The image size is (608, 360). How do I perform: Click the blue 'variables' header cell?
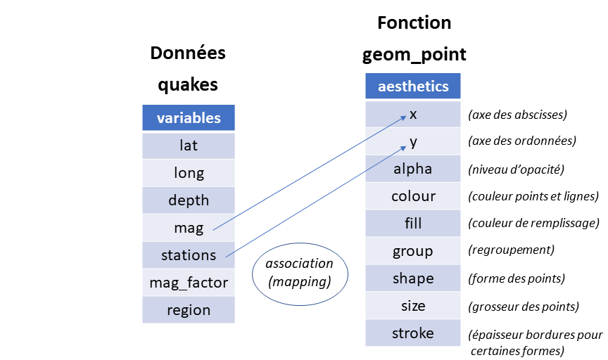pyautogui.click(x=189, y=118)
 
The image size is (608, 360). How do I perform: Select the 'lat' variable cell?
pyautogui.click(x=189, y=146)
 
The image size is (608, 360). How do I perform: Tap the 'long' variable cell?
pyautogui.click(x=189, y=173)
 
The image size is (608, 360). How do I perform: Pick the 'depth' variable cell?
pyautogui.click(x=189, y=200)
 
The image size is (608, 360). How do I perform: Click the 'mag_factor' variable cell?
pyautogui.click(x=189, y=283)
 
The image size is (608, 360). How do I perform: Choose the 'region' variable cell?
pyautogui.click(x=189, y=310)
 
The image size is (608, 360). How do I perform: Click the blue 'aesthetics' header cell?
pyautogui.click(x=413, y=86)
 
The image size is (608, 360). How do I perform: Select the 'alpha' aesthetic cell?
pyautogui.click(x=413, y=169)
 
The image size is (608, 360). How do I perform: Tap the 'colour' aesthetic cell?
pyautogui.click(x=413, y=196)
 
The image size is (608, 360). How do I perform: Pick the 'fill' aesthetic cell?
pyautogui.click(x=413, y=224)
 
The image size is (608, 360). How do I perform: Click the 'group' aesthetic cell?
pyautogui.click(x=413, y=251)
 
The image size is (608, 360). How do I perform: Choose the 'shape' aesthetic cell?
pyautogui.click(x=413, y=278)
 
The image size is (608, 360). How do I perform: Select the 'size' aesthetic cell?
pyautogui.click(x=413, y=306)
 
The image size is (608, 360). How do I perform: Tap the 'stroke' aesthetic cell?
pyautogui.click(x=413, y=333)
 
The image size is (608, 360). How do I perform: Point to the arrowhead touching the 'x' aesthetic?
pyautogui.click(x=403, y=115)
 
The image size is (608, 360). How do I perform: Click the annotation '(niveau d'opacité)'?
pyautogui.click(x=515, y=169)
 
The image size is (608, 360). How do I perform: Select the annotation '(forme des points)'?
pyautogui.click(x=517, y=279)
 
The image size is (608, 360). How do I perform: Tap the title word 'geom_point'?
pyautogui.click(x=414, y=55)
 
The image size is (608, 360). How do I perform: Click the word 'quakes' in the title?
pyautogui.click(x=188, y=85)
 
